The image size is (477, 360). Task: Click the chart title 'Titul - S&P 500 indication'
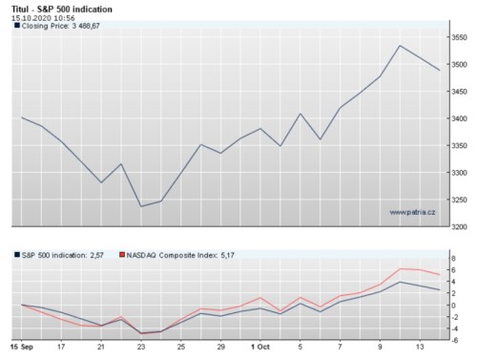tap(59, 8)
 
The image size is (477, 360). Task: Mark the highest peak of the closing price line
tap(400, 46)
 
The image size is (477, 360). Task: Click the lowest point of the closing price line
tap(141, 206)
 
